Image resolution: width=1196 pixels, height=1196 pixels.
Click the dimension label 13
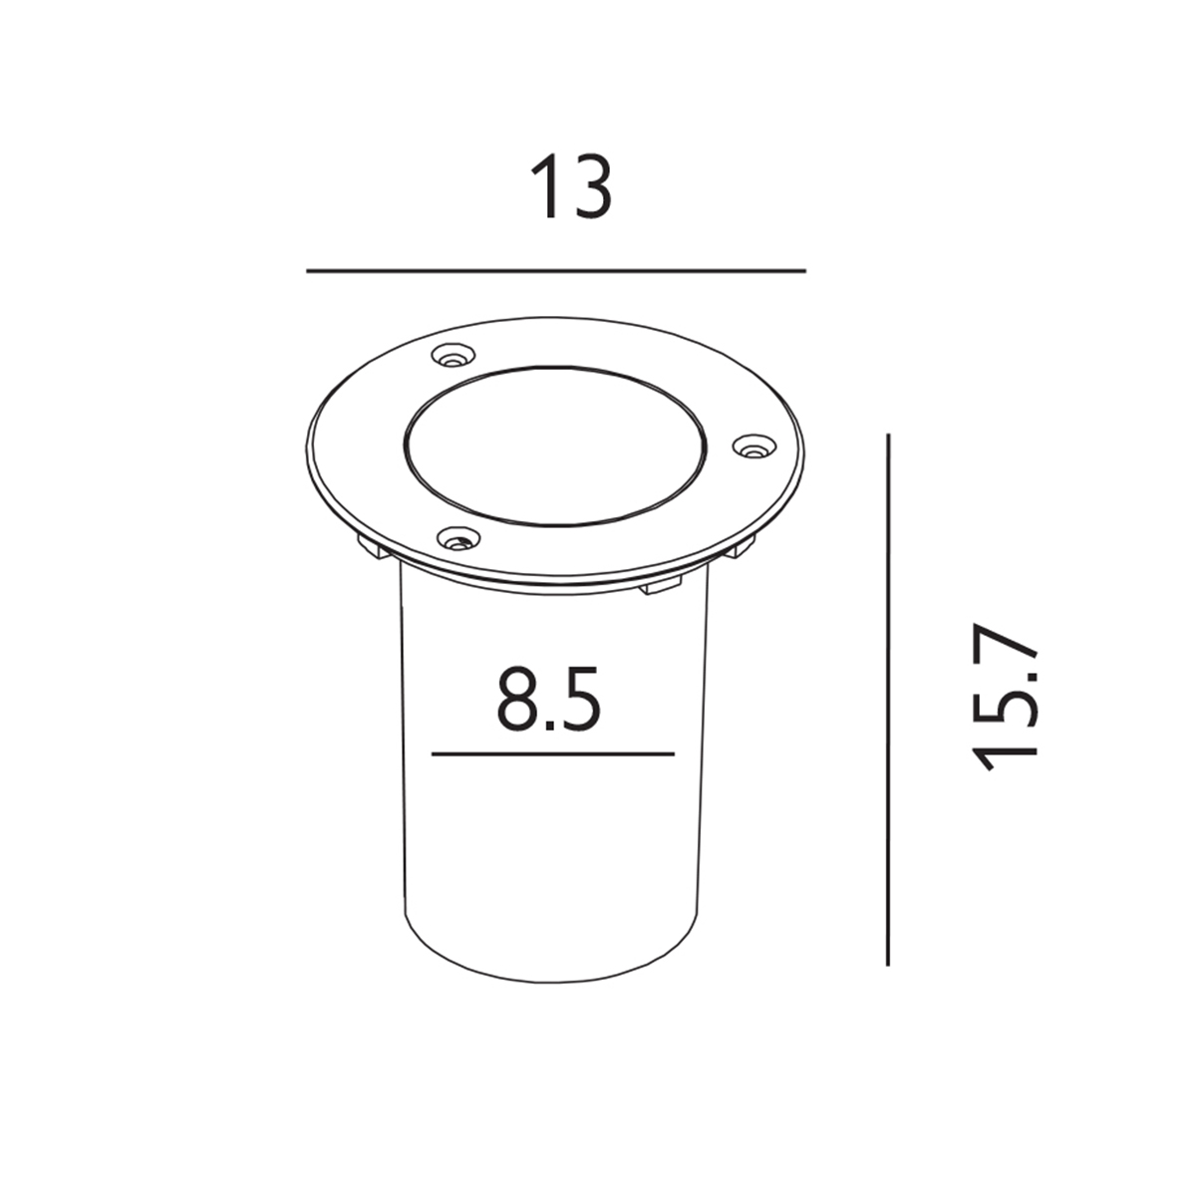(571, 186)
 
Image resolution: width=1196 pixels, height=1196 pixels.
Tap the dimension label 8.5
(548, 699)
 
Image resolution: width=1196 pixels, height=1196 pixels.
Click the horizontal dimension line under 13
(556, 271)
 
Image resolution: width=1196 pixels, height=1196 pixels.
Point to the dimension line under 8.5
(553, 754)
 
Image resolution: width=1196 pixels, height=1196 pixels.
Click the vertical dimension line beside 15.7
(888, 700)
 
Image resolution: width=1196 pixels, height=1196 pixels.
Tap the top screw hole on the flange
(453, 356)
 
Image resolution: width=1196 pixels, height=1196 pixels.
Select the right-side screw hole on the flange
(754, 445)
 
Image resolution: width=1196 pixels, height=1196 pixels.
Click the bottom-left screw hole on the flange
(458, 537)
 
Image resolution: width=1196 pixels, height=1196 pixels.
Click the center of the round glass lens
(555, 445)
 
